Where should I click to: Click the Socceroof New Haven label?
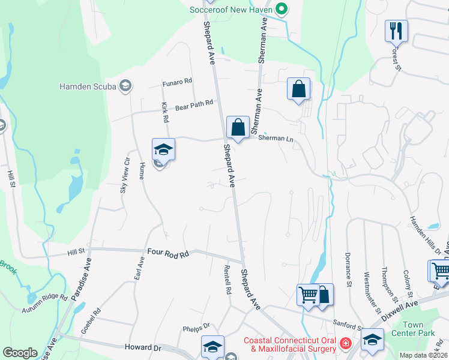[x=231, y=10]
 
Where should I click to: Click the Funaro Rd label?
[x=177, y=81]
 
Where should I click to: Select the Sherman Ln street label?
[x=276, y=138]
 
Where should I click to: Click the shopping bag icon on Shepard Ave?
[x=238, y=128]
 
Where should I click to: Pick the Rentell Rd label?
[x=228, y=280]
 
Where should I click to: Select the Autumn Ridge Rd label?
[x=46, y=303]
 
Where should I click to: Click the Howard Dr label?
[x=143, y=347]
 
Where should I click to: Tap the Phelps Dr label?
[x=196, y=328]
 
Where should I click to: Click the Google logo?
[x=20, y=353]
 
